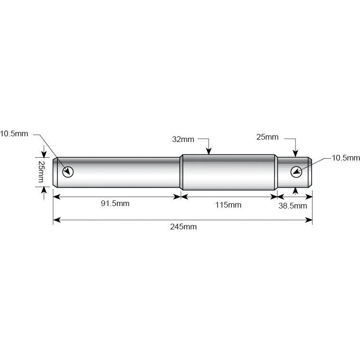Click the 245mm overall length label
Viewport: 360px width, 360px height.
(183, 227)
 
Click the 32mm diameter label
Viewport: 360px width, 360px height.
(183, 139)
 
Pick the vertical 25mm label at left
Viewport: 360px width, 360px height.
(41, 172)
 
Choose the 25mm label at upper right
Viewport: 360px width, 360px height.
(267, 137)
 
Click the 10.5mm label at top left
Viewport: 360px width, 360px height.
(14, 134)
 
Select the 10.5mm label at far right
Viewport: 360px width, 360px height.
(346, 158)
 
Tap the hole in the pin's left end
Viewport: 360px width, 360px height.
(68, 171)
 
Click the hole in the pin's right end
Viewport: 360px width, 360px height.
(297, 171)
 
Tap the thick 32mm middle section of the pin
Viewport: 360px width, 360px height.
(228, 172)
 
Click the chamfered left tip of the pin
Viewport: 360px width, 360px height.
(55, 172)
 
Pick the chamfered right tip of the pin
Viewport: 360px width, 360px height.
(310, 172)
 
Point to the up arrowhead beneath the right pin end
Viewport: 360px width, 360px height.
(295, 191)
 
